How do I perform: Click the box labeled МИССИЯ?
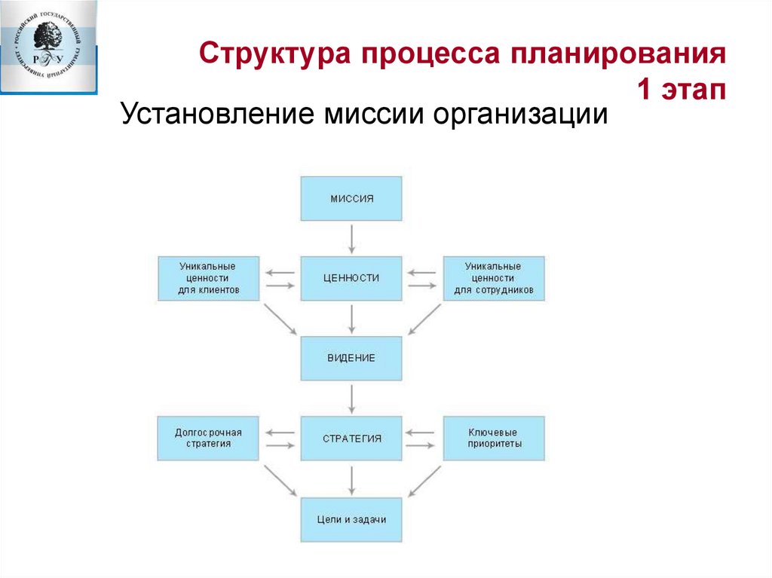[x=351, y=198]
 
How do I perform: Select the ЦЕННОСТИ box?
[x=351, y=278]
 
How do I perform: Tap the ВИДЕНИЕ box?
[x=351, y=358]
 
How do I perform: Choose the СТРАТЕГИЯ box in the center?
[x=351, y=438]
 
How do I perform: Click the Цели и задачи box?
[x=351, y=519]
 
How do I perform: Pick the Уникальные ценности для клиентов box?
[x=208, y=278]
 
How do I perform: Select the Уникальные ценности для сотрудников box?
[x=494, y=278]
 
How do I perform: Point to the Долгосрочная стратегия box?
[x=208, y=438]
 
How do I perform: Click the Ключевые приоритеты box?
[x=494, y=438]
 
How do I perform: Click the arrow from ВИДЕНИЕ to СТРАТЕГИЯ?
[x=351, y=398]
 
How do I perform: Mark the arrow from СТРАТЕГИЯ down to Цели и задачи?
[x=351, y=479]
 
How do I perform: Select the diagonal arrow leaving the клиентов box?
[x=280, y=320]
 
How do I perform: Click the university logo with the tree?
[x=49, y=47]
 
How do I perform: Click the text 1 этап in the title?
[x=682, y=90]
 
